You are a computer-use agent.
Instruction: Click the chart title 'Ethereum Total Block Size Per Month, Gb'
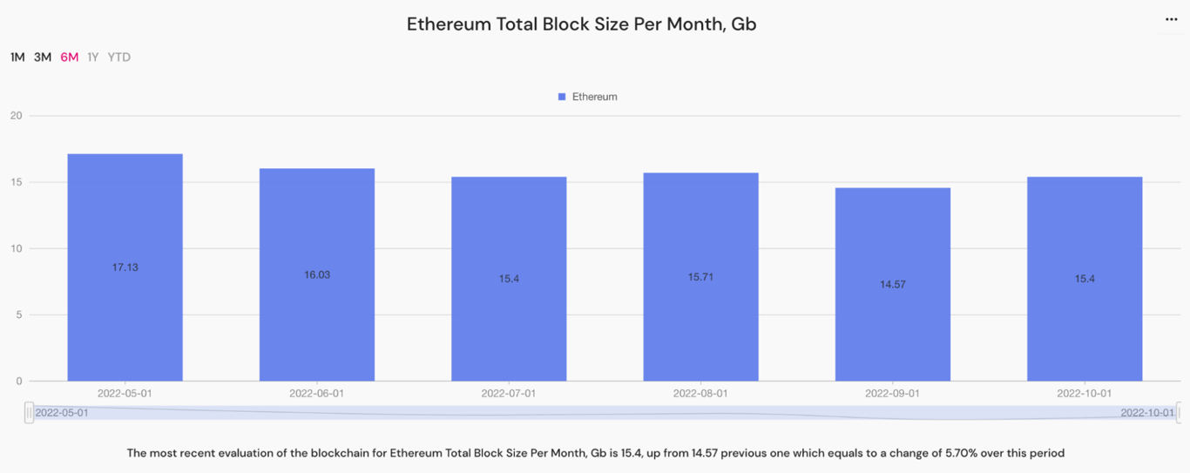581,24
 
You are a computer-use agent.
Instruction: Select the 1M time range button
17,57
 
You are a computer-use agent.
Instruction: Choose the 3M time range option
43,57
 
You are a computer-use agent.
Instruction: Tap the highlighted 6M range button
70,57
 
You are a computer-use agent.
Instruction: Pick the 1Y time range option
93,57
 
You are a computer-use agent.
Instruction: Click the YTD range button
119,57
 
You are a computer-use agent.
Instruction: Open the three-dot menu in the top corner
1172,19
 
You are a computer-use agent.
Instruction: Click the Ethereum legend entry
588,97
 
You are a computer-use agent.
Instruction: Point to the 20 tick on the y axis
16,116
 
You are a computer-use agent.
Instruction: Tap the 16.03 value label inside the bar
317,274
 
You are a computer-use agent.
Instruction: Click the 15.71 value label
700,276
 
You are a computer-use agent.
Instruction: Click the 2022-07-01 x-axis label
509,393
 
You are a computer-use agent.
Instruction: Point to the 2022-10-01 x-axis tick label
1084,393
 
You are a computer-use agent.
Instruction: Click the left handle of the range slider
30,413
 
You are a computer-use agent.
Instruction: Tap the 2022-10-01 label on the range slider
1146,413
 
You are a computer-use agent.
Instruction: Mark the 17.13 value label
125,267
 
